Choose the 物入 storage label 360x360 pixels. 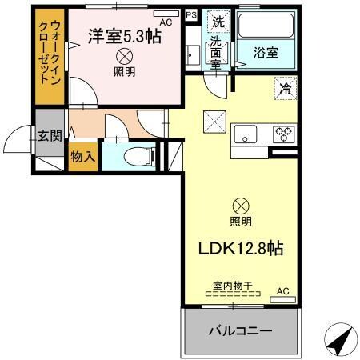click(83, 155)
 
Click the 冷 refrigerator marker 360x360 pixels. click(285, 89)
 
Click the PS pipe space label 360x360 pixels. click(190, 14)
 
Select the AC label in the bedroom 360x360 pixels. click(166, 23)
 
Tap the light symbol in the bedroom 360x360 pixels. click(125, 56)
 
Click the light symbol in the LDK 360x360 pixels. click(240, 205)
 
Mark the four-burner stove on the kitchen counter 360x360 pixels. click(284, 134)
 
